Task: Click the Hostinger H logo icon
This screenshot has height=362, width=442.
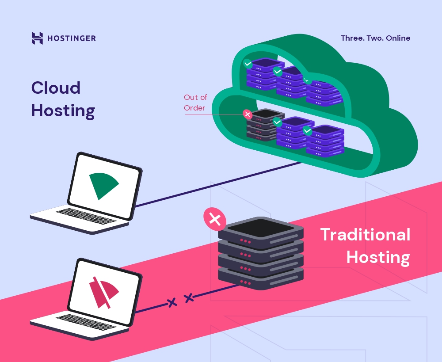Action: coord(37,38)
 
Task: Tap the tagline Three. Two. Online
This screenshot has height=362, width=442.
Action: coord(375,38)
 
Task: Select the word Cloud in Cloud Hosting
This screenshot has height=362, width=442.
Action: coord(56,88)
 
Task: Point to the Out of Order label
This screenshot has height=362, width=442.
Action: coord(195,103)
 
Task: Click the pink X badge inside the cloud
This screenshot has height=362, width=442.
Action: coord(248,114)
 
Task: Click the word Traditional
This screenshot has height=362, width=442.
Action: coord(365,235)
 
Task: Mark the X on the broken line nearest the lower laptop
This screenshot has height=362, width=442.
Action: coord(171,303)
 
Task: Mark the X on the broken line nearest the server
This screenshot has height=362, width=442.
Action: coord(189,298)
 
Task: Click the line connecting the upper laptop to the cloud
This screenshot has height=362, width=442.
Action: coord(217,184)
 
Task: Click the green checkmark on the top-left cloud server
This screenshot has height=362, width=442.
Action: coord(248,64)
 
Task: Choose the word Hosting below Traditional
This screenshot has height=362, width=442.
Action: coord(378,258)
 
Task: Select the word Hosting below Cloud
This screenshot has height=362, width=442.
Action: coord(63,111)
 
